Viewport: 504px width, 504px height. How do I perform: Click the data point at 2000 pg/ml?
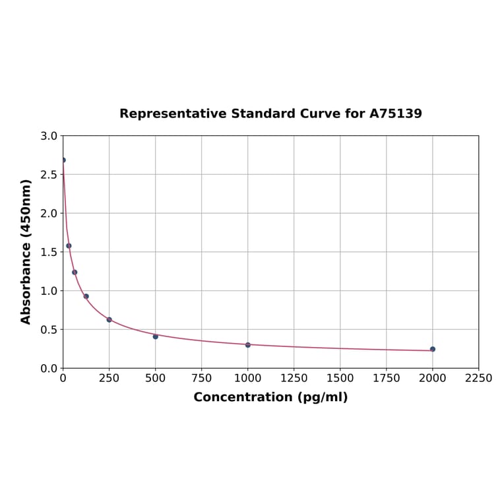pos(433,349)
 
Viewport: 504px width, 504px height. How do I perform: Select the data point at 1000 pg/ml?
pos(248,345)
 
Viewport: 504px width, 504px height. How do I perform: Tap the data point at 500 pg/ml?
pos(156,336)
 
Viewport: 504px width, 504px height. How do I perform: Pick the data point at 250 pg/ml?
pos(110,319)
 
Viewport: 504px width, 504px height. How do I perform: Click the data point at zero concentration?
pos(63,160)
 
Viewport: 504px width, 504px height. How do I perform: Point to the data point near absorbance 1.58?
pos(69,245)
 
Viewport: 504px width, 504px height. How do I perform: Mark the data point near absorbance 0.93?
pos(86,296)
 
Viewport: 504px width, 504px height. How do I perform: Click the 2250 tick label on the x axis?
pos(478,378)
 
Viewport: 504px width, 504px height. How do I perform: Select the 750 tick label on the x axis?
pos(202,378)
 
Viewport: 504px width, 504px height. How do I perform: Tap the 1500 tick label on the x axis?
pos(340,378)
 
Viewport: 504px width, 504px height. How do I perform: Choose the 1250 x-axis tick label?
pos(294,378)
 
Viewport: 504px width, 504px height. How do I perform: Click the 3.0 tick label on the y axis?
pos(49,136)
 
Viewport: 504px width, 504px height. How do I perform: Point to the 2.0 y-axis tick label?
pos(49,213)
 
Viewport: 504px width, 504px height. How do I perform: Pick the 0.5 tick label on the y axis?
pos(49,329)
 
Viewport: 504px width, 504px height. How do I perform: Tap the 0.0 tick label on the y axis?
pos(49,368)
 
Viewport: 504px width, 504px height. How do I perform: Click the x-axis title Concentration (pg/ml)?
pos(270,397)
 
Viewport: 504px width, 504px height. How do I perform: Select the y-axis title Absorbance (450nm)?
pos(26,251)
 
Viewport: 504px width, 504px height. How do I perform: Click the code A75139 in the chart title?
pos(395,113)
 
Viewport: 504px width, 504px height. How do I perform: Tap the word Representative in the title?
pos(173,113)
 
